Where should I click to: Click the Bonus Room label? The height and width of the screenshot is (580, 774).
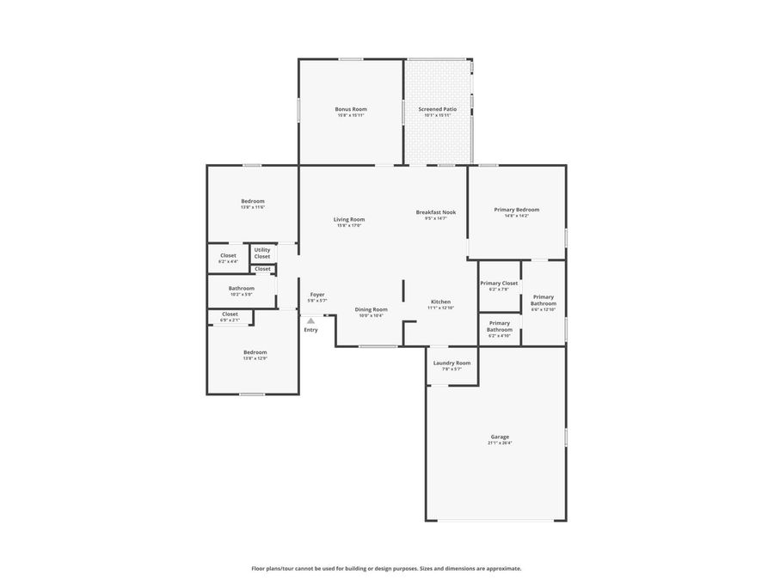[351, 109]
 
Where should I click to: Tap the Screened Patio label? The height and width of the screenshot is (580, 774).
[438, 109]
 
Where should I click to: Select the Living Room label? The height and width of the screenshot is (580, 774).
[349, 219]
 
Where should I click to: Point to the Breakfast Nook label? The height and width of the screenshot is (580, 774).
[436, 212]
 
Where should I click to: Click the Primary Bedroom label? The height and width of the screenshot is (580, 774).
[516, 210]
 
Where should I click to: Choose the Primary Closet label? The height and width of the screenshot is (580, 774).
[499, 284]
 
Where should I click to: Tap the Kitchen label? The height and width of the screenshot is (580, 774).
[440, 302]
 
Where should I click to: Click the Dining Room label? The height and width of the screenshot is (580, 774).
[371, 309]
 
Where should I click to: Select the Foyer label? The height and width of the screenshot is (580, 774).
[317, 295]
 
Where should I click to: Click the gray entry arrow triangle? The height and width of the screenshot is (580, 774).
[310, 321]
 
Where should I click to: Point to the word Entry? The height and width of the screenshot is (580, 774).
[310, 330]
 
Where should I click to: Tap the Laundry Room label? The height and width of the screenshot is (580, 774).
[451, 363]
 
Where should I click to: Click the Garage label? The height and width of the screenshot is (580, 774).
[500, 437]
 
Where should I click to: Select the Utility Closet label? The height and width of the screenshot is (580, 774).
[262, 253]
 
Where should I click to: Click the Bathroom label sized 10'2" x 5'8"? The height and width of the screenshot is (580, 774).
[242, 289]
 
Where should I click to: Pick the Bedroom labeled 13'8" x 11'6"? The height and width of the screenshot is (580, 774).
[253, 201]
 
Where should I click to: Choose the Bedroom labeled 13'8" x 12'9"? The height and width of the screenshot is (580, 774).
[255, 352]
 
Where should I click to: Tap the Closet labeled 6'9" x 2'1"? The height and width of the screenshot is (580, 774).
[230, 314]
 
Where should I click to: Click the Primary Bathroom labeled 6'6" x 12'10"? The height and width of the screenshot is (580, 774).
[544, 300]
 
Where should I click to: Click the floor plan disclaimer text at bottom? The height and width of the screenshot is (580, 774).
[386, 568]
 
